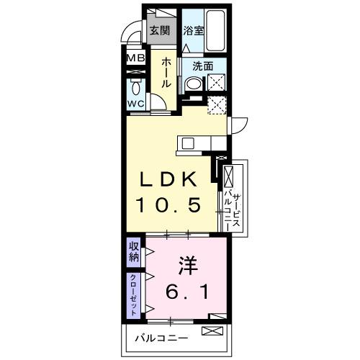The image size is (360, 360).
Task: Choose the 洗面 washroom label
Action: (x=202, y=66)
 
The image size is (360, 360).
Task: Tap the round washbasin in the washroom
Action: (x=192, y=84)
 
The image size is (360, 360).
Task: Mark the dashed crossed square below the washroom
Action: (x=217, y=105)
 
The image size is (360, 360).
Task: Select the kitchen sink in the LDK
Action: (x=189, y=142)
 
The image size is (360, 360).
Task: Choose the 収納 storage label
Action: (x=135, y=253)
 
